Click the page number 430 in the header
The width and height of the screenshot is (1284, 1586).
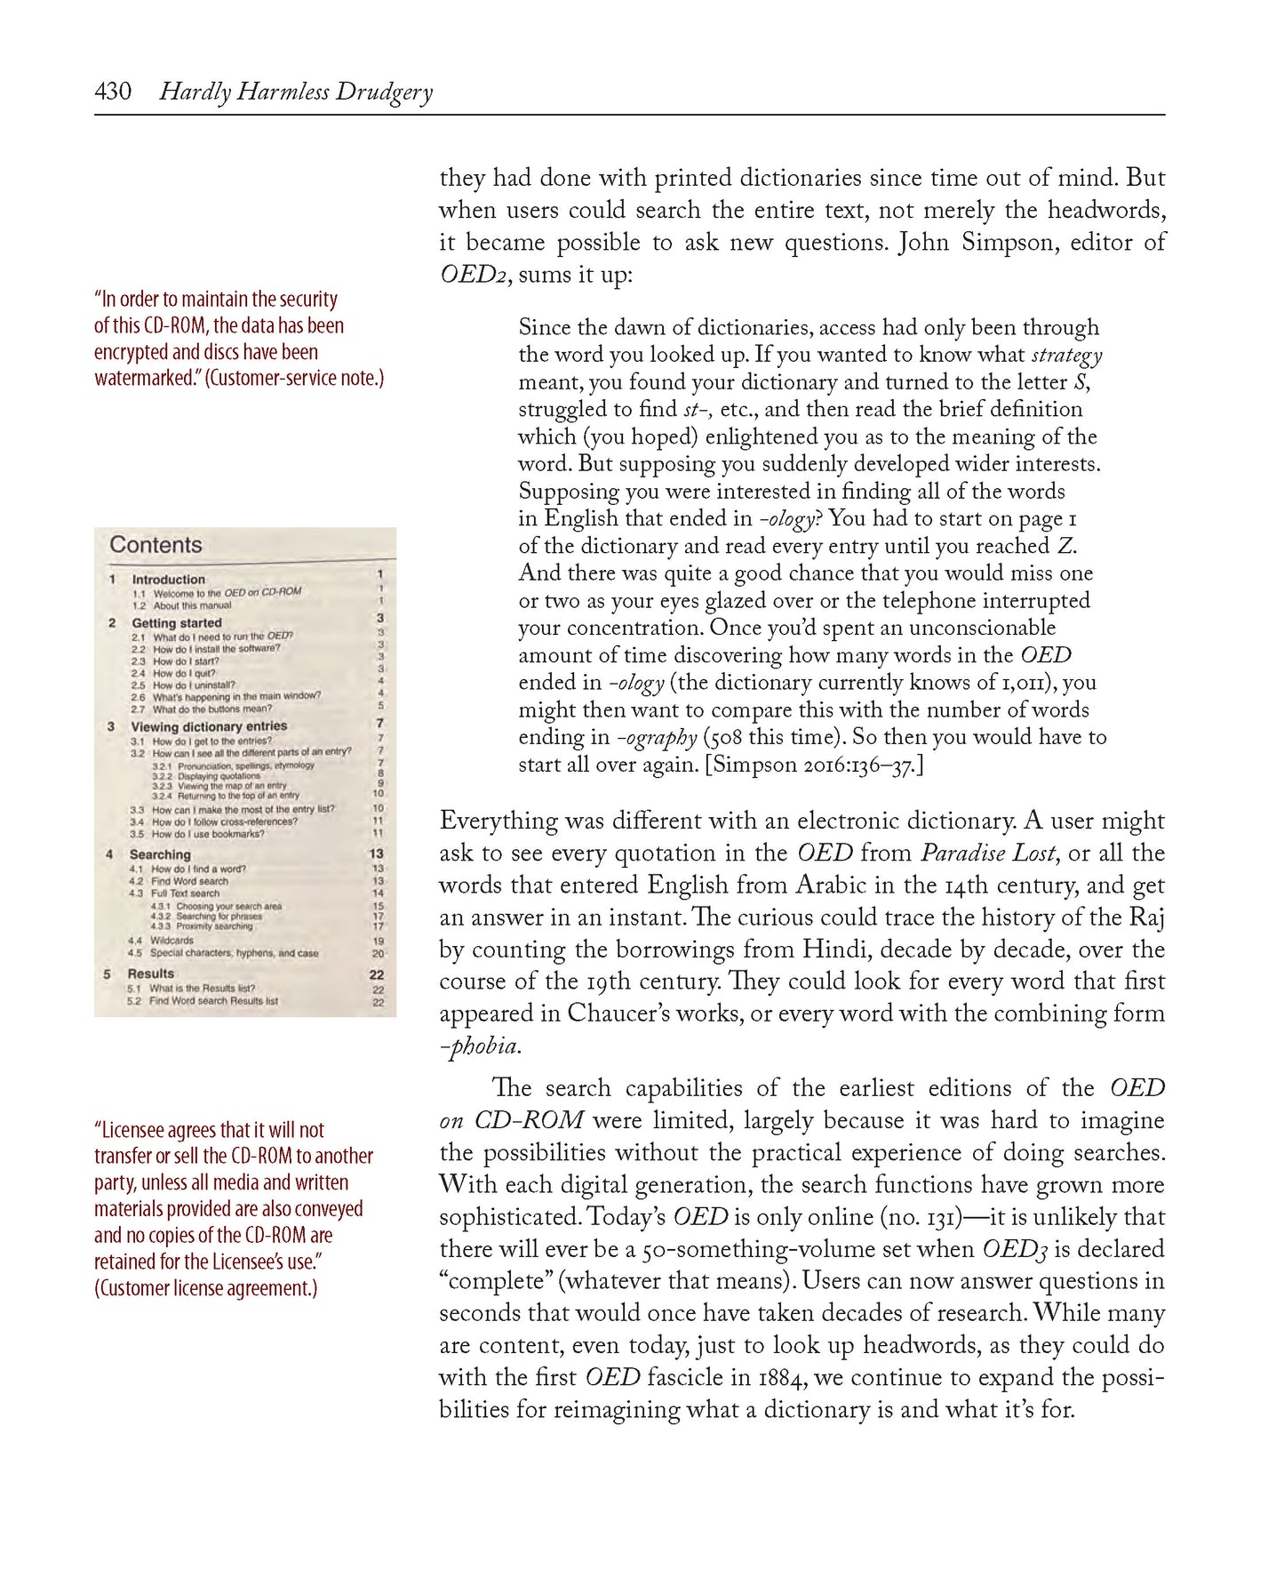(113, 92)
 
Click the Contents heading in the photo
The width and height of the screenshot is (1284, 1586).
(156, 545)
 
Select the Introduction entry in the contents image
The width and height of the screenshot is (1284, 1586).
(168, 580)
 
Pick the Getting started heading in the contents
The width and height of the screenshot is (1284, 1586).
(176, 623)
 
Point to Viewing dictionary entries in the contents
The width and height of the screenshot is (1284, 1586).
(209, 726)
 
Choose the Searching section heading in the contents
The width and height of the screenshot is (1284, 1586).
(160, 854)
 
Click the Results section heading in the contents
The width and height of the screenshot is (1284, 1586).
(150, 973)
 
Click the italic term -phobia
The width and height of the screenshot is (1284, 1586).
(480, 1046)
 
